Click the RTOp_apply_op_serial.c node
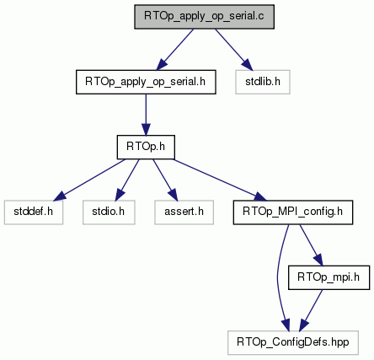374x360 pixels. pos(204,17)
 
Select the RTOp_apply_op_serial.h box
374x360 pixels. pos(146,82)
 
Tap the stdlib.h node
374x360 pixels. pos(263,82)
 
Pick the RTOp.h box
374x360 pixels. pos(146,148)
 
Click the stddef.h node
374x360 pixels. pos(34,212)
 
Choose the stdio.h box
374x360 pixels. pos(109,212)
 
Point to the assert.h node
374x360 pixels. pos(184,212)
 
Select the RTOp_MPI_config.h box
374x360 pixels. pos(293,212)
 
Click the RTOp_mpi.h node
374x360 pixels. pos(329,277)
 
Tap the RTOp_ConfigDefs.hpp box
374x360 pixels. pos(293,343)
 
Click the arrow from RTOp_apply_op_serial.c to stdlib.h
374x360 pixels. pos(233,50)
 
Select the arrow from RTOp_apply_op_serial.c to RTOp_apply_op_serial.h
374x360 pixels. pos(175,50)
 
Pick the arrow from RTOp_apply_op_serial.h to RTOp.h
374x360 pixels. pos(146,115)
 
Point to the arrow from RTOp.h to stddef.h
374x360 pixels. pos(89,180)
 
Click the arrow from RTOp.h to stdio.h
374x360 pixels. pos(127,180)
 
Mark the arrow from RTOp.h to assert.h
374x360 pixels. pos(165,180)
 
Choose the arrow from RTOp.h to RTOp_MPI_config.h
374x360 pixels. pos(220,180)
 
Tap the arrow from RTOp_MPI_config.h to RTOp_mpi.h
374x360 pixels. pos(311,245)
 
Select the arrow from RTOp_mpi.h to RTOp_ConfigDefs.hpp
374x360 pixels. pos(311,310)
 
